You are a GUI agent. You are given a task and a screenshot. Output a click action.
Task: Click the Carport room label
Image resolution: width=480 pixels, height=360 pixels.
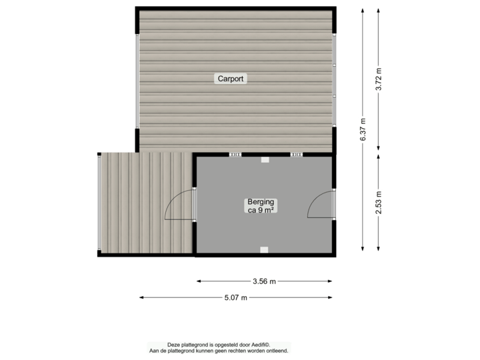pyautogui.click(x=232, y=79)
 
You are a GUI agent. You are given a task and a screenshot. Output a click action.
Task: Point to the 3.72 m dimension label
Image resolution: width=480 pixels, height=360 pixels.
pyautogui.click(x=379, y=79)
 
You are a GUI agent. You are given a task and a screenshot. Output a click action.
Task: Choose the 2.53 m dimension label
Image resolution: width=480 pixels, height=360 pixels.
pyautogui.click(x=379, y=201)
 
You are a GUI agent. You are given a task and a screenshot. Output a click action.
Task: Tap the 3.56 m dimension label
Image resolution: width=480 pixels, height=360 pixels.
pyautogui.click(x=265, y=281)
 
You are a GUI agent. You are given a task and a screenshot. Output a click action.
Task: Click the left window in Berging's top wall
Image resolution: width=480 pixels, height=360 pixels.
pyautogui.click(x=235, y=155)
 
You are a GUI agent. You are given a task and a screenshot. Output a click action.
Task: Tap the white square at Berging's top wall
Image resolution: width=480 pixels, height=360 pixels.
pyautogui.click(x=265, y=160)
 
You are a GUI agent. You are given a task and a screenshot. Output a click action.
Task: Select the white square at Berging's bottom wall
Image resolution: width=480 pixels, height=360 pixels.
pyautogui.click(x=265, y=249)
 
